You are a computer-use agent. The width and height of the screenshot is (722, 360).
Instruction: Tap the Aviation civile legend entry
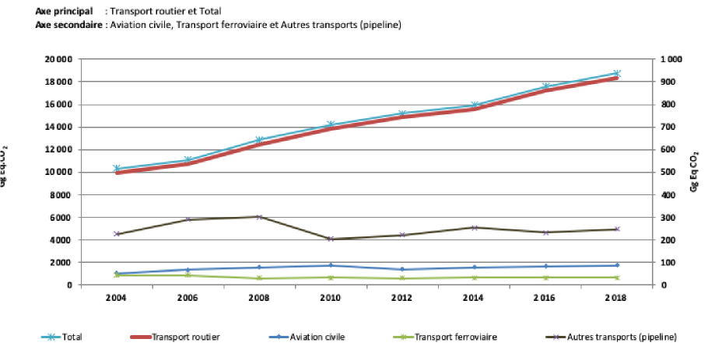click(316, 337)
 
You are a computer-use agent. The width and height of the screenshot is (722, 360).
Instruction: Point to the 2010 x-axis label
click(331, 298)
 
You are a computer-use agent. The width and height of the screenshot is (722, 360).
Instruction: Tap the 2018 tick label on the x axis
click(616, 298)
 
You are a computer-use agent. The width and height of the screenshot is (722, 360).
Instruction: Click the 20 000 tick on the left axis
click(58, 59)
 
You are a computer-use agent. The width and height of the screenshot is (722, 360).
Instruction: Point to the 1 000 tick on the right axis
click(670, 59)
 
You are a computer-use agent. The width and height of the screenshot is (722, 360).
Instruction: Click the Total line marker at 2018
click(616, 73)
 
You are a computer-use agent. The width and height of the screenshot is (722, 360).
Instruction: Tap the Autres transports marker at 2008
click(259, 217)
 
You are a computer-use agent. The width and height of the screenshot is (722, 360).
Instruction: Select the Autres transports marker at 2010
click(331, 239)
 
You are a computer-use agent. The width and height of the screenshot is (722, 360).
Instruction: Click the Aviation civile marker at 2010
click(331, 265)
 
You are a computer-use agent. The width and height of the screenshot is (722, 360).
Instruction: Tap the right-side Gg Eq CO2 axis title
click(695, 171)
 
